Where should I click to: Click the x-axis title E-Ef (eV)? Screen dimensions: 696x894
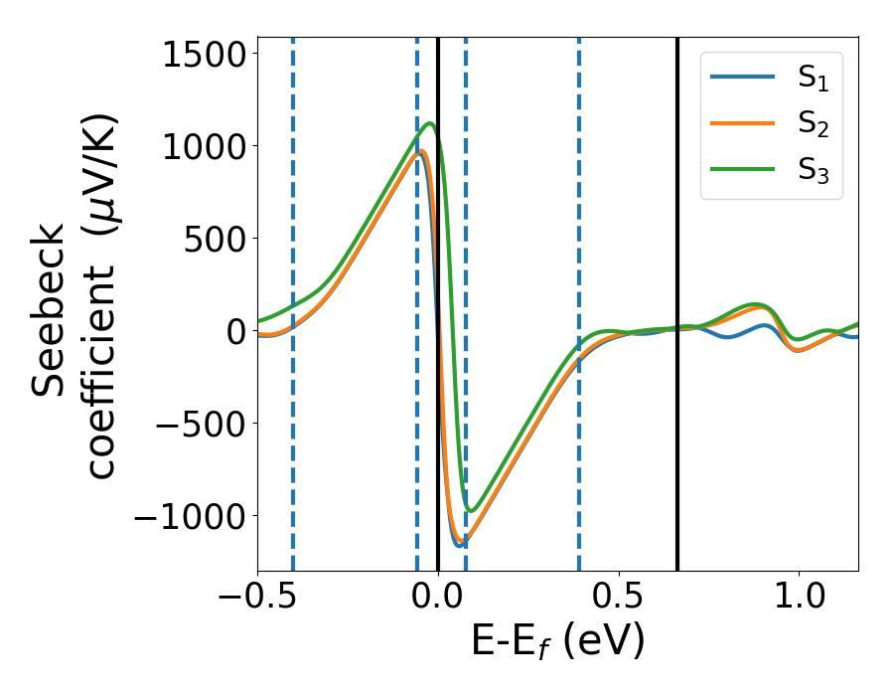tap(557, 642)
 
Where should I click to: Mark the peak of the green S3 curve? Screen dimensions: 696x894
tap(429, 124)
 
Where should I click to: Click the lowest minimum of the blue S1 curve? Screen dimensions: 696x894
tap(459, 545)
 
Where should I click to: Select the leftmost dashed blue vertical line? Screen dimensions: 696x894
tap(293, 298)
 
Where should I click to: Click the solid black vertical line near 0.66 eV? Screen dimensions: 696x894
tap(677, 298)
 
